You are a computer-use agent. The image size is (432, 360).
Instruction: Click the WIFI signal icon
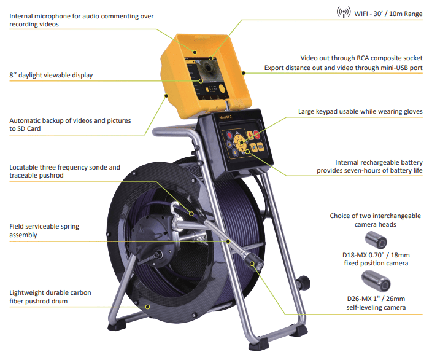point(343,12)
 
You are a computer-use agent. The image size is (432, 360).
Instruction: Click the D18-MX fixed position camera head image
point(376,240)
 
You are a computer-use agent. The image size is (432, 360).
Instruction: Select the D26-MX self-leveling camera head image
point(376,281)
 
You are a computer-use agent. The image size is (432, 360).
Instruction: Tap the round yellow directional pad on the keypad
point(240,142)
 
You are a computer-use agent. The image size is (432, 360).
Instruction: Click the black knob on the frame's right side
point(304,283)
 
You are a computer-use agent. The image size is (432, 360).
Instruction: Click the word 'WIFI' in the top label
point(361,14)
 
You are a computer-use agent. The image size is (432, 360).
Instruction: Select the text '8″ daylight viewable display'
point(51,75)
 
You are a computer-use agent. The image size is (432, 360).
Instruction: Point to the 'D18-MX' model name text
point(355,255)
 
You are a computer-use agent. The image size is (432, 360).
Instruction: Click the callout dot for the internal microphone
point(195,52)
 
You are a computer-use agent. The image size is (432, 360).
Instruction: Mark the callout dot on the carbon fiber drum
point(148,307)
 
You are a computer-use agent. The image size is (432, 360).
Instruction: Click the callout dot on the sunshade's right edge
point(243,73)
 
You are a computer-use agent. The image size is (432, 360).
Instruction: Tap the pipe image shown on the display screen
point(208,68)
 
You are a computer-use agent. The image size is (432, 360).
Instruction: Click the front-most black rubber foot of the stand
point(258,344)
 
